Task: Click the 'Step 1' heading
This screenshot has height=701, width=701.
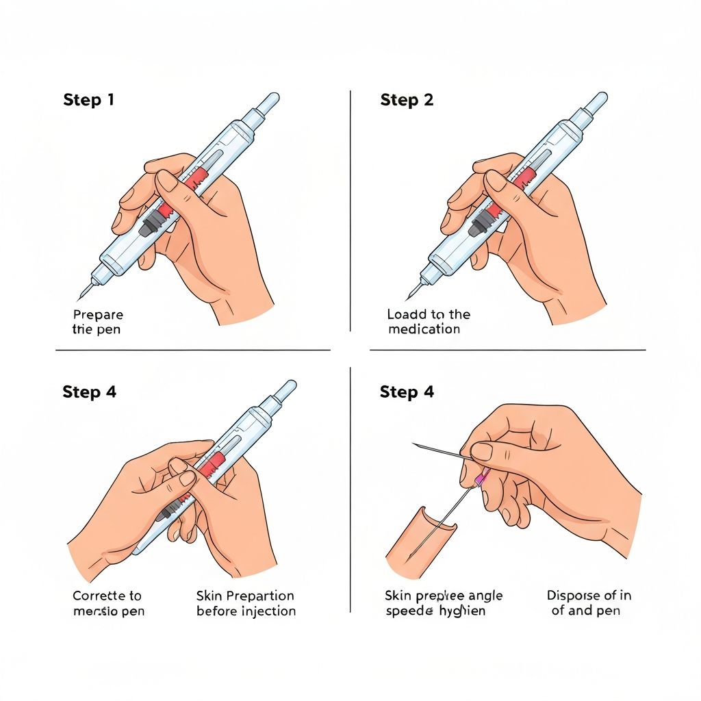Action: [x=88, y=100]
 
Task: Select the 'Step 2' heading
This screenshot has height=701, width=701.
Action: [x=407, y=100]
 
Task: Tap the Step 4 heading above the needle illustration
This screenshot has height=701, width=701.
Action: [x=407, y=392]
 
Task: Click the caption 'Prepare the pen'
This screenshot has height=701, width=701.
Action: [x=98, y=322]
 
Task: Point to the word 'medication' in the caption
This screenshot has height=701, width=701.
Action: [x=424, y=329]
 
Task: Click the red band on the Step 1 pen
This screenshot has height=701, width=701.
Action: [x=196, y=179]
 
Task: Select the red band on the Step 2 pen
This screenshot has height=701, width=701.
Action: [x=524, y=179]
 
